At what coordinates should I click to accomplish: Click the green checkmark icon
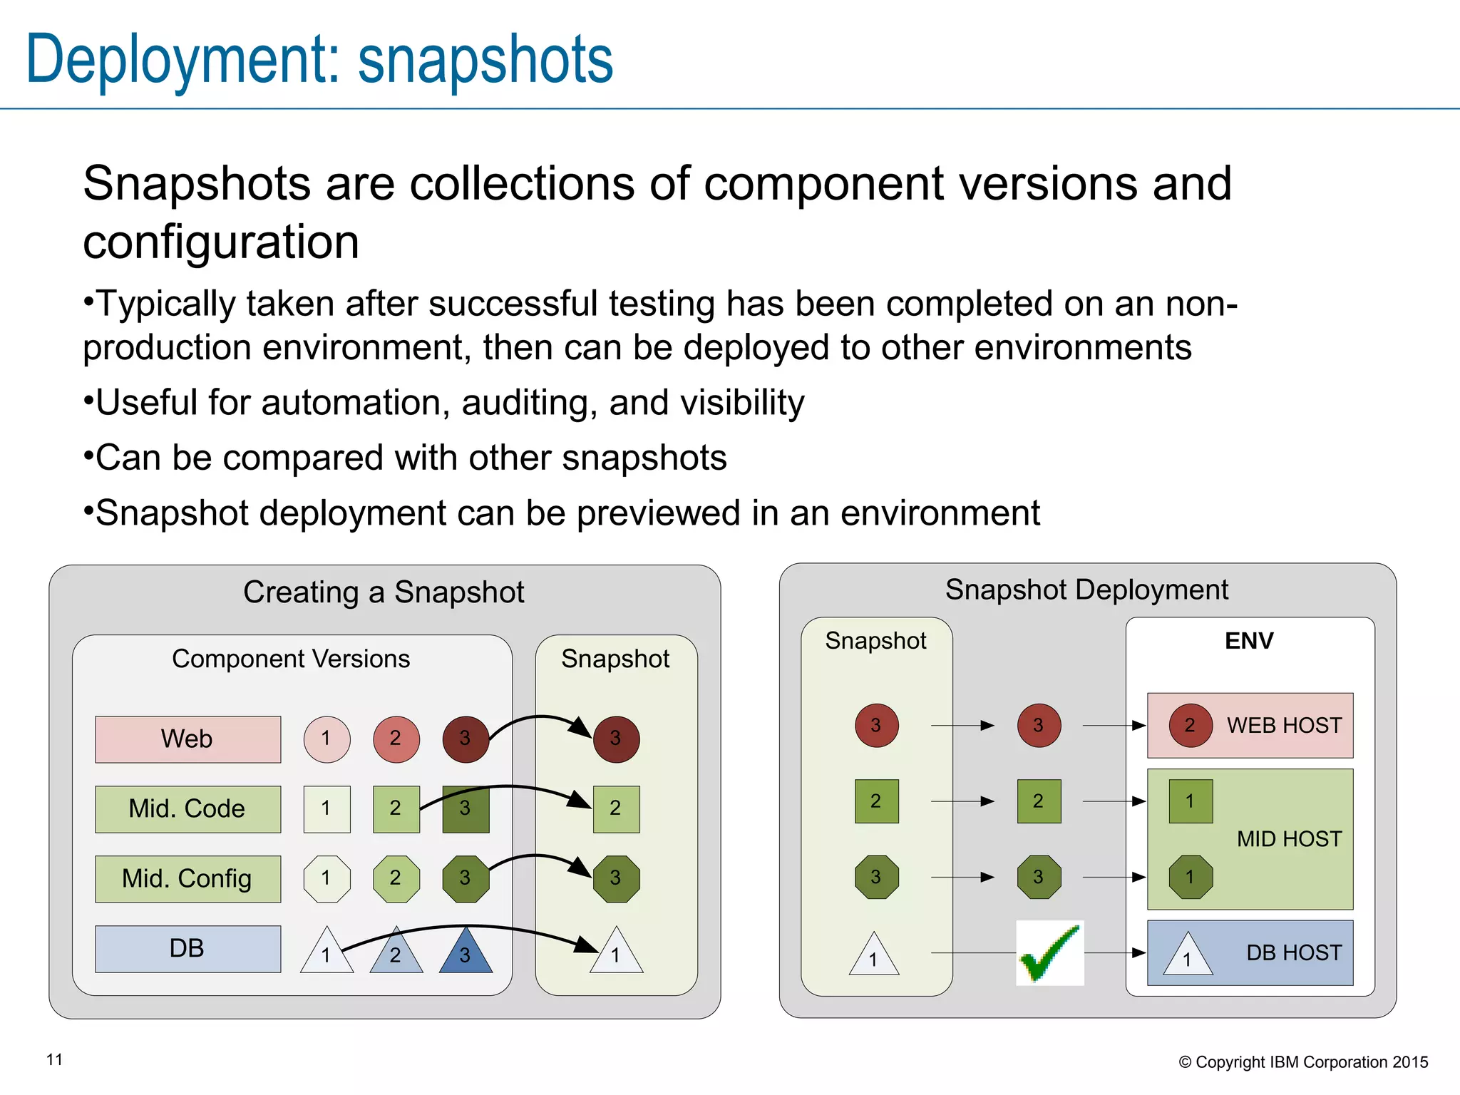pos(1049,953)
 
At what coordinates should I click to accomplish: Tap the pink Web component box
pos(187,739)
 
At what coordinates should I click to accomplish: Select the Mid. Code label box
pos(187,809)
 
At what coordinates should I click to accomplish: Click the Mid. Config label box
pos(187,879)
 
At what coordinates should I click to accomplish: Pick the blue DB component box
pos(187,949)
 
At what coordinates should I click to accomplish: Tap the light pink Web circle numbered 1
pos(327,739)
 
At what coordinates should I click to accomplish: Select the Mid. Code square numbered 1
pos(327,809)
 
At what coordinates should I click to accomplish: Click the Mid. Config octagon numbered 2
pos(396,879)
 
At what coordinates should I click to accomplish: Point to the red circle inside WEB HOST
pos(1190,726)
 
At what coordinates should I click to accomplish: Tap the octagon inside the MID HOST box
pos(1190,877)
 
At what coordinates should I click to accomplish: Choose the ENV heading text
pos(1249,641)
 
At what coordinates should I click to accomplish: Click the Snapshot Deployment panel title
pos(1086,590)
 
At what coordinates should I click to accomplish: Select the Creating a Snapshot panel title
pos(384,592)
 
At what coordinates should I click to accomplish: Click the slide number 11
pos(55,1060)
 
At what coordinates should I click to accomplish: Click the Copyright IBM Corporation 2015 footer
pos(1303,1062)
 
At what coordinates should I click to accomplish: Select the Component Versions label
pos(291,659)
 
